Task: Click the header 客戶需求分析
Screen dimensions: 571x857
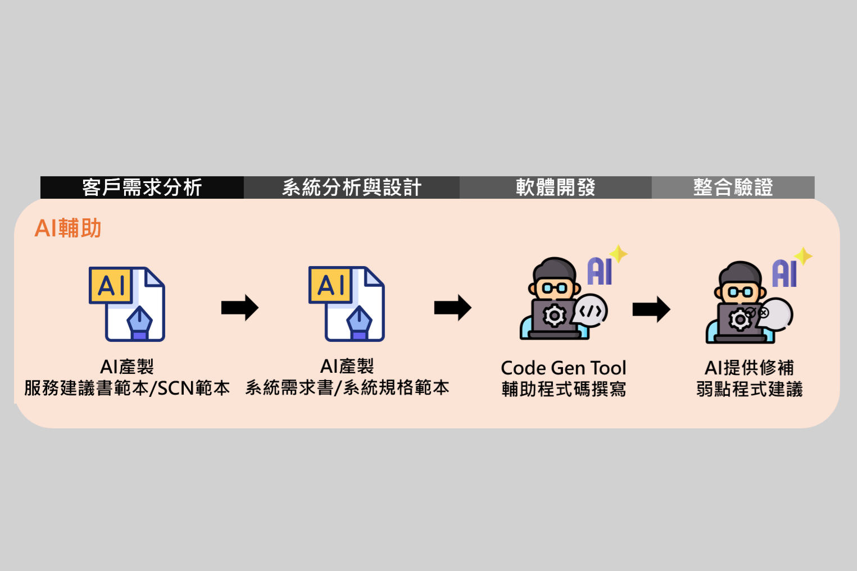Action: point(142,188)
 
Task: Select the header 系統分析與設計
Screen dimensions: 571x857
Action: point(352,188)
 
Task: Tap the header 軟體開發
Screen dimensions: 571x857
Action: point(555,188)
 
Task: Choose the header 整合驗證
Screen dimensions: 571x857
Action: point(733,188)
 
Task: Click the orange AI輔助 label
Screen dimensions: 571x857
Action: point(68,229)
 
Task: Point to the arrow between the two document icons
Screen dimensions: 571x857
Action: point(240,308)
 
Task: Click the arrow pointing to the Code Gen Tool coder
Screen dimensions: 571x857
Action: point(452,308)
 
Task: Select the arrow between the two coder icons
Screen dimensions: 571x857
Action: point(651,309)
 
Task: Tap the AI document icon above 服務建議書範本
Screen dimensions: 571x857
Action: point(127,304)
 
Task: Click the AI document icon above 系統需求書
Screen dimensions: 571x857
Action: point(347,304)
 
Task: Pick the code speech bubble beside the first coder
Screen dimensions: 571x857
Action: point(591,311)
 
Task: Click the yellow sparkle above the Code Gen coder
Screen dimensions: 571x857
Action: point(619,254)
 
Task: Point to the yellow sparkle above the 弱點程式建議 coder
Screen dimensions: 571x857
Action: point(803,256)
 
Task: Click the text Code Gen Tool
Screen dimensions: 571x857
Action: point(563,368)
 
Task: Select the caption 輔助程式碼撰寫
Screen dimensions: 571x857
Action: point(564,389)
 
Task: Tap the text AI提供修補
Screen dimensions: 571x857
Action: point(749,368)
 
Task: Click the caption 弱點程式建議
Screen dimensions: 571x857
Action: point(749,389)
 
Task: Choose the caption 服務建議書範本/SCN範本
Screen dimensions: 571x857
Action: point(127,388)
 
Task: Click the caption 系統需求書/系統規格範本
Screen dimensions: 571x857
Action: point(347,387)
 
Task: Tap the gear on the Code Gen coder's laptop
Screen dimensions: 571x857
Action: point(554,316)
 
